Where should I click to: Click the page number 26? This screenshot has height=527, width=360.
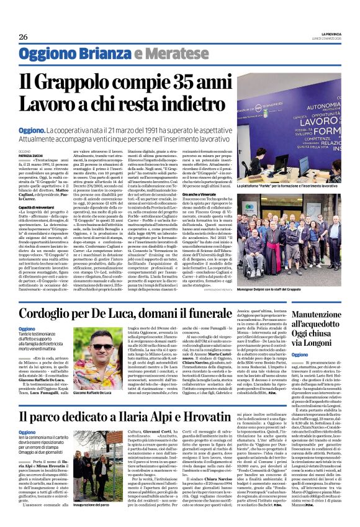pos(24,37)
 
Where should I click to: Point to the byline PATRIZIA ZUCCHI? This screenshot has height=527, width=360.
pos(30,154)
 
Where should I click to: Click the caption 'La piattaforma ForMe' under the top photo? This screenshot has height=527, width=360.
pos(288,185)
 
